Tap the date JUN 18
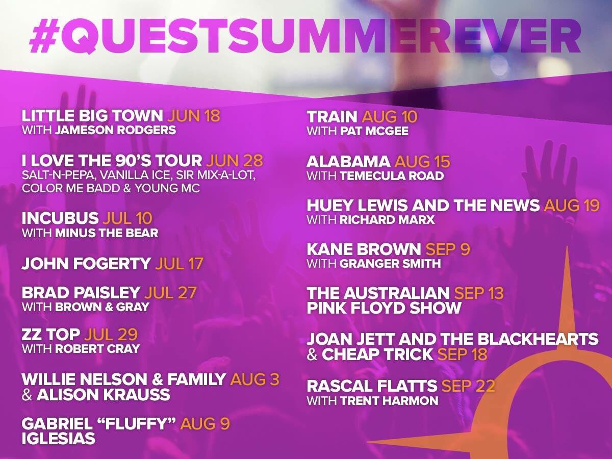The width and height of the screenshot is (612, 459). tap(194, 116)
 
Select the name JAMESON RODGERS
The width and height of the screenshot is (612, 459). tap(115, 130)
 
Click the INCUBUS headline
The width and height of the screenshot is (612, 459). tap(60, 218)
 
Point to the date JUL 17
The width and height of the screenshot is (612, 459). tap(180, 263)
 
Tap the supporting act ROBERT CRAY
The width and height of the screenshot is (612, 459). tap(97, 349)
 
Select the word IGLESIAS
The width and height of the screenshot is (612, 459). tap(58, 438)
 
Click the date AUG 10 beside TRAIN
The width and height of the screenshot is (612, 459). tap(390, 116)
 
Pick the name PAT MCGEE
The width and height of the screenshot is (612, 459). tap(374, 131)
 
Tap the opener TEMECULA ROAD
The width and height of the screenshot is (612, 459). tap(392, 176)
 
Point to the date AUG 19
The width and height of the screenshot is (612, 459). tap(572, 206)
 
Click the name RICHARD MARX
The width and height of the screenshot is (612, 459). tap(387, 220)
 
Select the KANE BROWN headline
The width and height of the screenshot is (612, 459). tap(364, 249)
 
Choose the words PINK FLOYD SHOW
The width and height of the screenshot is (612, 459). tap(384, 308)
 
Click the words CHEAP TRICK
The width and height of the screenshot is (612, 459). tap(377, 354)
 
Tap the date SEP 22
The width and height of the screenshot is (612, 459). tap(468, 386)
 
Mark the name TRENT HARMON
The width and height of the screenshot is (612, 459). tap(389, 401)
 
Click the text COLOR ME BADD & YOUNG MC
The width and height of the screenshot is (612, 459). tap(111, 188)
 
